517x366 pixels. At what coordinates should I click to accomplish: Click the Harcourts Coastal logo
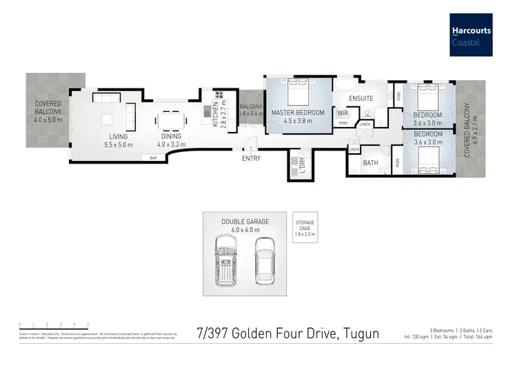click(x=473, y=35)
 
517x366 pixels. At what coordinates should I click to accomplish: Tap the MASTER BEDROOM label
click(x=297, y=113)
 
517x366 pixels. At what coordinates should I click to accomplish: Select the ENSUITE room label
click(x=361, y=98)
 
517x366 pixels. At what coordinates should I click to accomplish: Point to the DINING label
click(x=171, y=137)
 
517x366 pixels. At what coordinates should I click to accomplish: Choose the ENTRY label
click(x=251, y=158)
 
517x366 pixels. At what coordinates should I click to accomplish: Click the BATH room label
click(x=371, y=163)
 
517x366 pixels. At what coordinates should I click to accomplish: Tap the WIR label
click(x=343, y=113)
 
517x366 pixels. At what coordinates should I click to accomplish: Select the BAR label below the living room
click(x=153, y=158)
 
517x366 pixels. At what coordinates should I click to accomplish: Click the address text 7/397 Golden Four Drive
click(x=287, y=334)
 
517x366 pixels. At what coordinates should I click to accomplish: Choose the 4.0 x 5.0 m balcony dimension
click(x=48, y=119)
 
